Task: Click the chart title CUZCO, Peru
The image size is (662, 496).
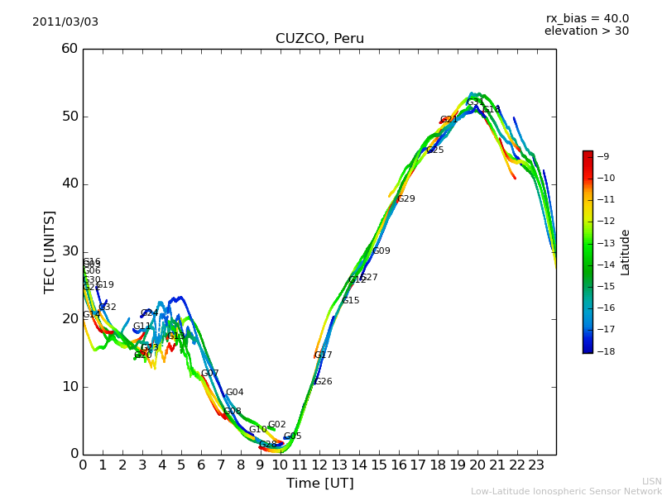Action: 319,39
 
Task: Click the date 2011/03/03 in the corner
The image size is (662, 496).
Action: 65,21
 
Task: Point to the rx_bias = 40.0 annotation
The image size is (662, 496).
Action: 587,18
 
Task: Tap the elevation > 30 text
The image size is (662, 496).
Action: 586,31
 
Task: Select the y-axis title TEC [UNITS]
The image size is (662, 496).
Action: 50,251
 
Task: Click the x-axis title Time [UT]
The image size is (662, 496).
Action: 319,484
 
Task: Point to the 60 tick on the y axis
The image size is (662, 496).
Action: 70,49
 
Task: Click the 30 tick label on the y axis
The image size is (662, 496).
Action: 70,251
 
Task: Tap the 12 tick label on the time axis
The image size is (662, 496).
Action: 319,465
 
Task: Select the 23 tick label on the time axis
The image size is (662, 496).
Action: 536,465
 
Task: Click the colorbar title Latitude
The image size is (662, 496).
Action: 626,251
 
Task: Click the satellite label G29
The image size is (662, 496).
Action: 405,199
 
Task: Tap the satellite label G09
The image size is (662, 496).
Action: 381,251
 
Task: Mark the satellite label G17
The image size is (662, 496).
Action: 323,355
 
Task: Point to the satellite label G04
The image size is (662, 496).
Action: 234,393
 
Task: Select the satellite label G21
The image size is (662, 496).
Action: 449,120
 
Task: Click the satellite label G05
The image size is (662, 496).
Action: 292,436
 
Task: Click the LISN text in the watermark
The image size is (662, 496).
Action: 651,481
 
